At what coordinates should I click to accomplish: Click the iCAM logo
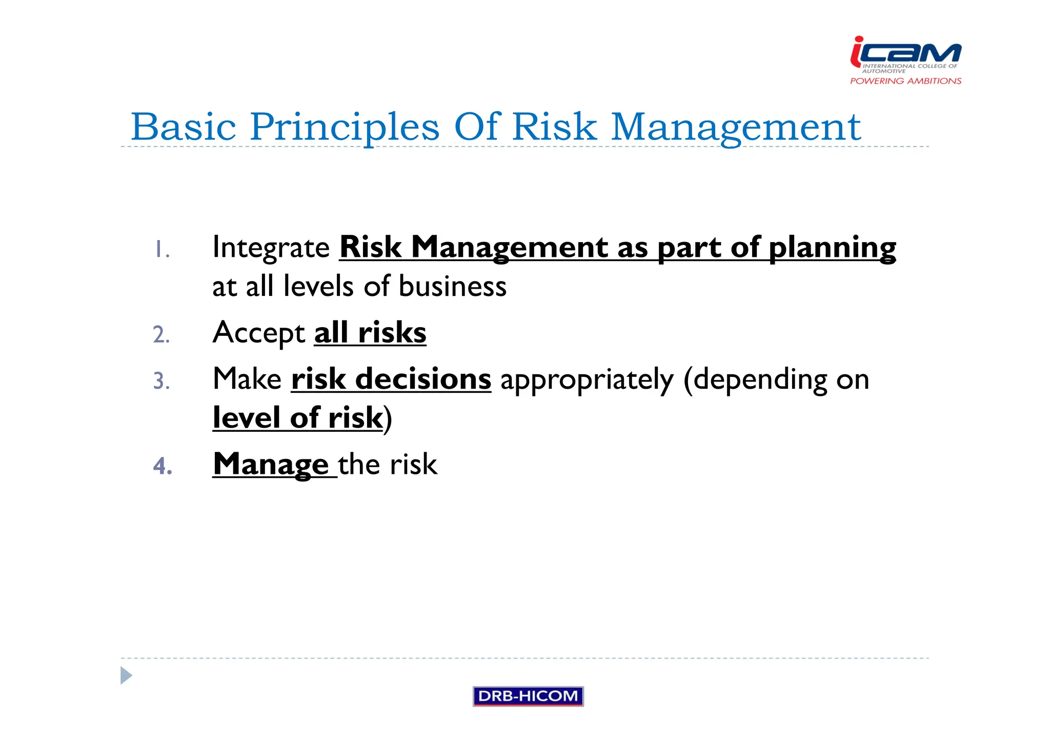point(906,54)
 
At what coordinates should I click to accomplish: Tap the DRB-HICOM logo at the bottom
point(528,696)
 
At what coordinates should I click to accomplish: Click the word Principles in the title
point(345,127)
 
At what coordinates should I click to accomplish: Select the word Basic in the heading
point(183,127)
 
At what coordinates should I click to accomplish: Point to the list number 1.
point(161,250)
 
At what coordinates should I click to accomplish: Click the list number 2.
point(161,335)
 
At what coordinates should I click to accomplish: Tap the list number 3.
point(161,381)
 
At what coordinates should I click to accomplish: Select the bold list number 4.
point(162,466)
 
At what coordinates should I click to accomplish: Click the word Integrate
point(271,248)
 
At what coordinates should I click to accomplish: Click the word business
point(453,286)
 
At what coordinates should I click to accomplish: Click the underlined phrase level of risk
point(298,418)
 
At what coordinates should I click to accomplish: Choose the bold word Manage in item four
point(271,465)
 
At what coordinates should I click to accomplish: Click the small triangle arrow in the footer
point(126,675)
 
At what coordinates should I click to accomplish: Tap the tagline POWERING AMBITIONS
point(905,81)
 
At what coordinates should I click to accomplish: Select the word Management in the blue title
point(736,127)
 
